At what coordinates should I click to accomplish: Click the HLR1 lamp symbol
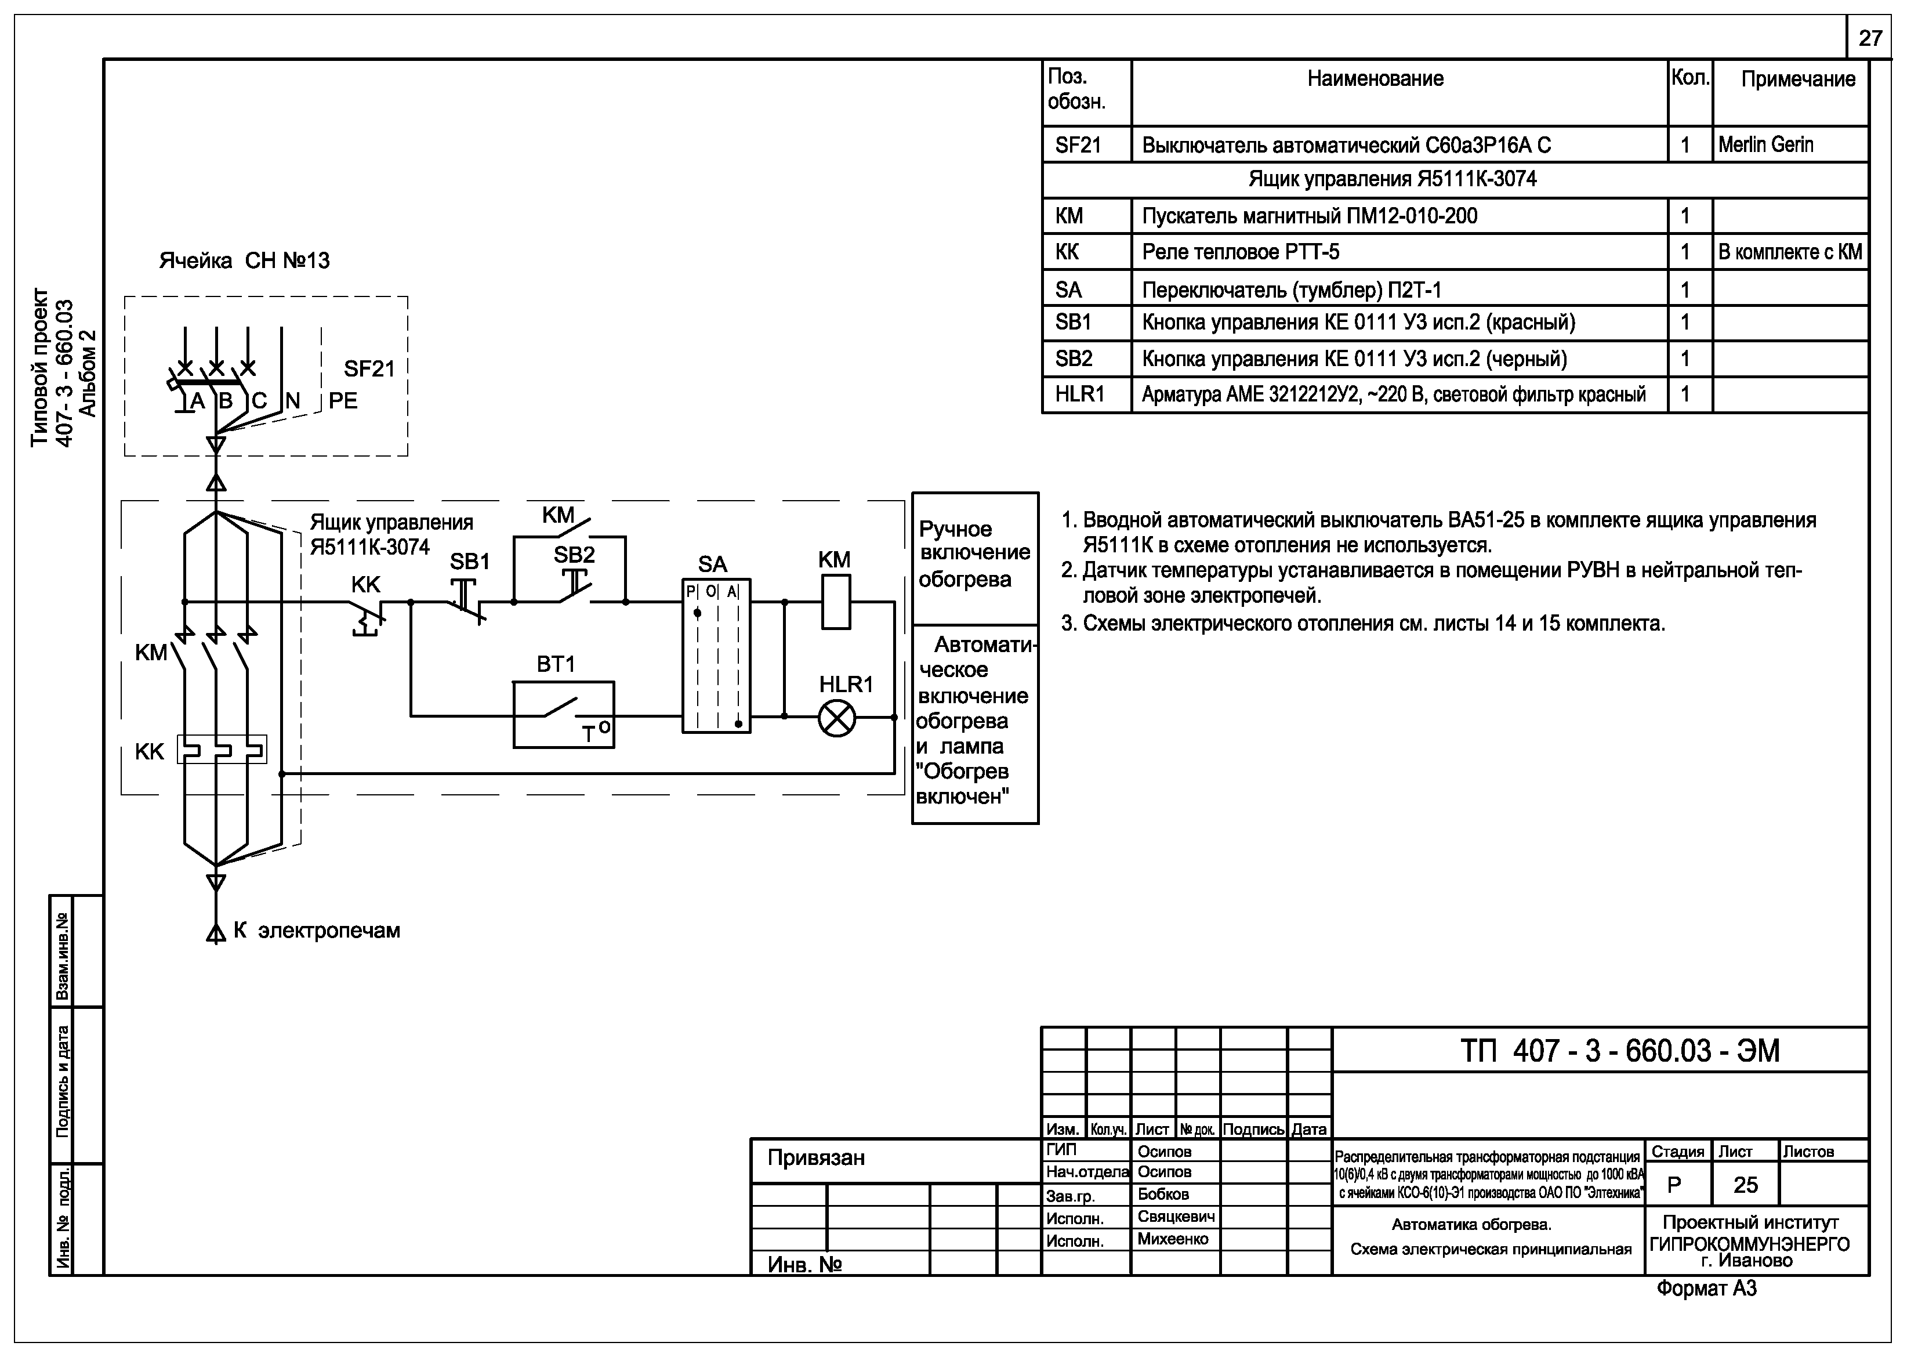click(836, 718)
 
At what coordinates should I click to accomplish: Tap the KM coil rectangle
click(836, 602)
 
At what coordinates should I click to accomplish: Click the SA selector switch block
click(716, 656)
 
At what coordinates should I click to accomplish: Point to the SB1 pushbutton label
click(469, 562)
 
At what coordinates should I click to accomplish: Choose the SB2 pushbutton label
click(574, 554)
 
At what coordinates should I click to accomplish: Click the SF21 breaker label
click(368, 368)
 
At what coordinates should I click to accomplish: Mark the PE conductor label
click(343, 401)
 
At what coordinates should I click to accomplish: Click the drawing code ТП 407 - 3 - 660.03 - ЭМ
click(1620, 1050)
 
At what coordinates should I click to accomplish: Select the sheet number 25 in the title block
click(1745, 1185)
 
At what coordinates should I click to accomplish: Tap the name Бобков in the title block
click(1163, 1194)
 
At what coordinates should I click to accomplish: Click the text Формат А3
click(1707, 1289)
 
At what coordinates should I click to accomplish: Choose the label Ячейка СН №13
click(244, 260)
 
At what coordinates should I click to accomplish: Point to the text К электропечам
click(317, 931)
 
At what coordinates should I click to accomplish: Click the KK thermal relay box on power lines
click(222, 750)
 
